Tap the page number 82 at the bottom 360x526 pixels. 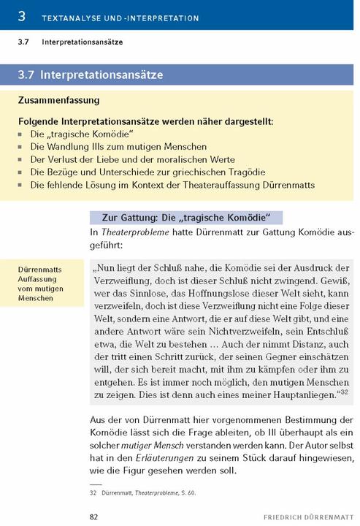coord(93,517)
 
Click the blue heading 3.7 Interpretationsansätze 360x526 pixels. coord(102,75)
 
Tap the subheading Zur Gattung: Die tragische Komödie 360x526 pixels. coord(185,218)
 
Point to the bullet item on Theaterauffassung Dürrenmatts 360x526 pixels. coord(172,185)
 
